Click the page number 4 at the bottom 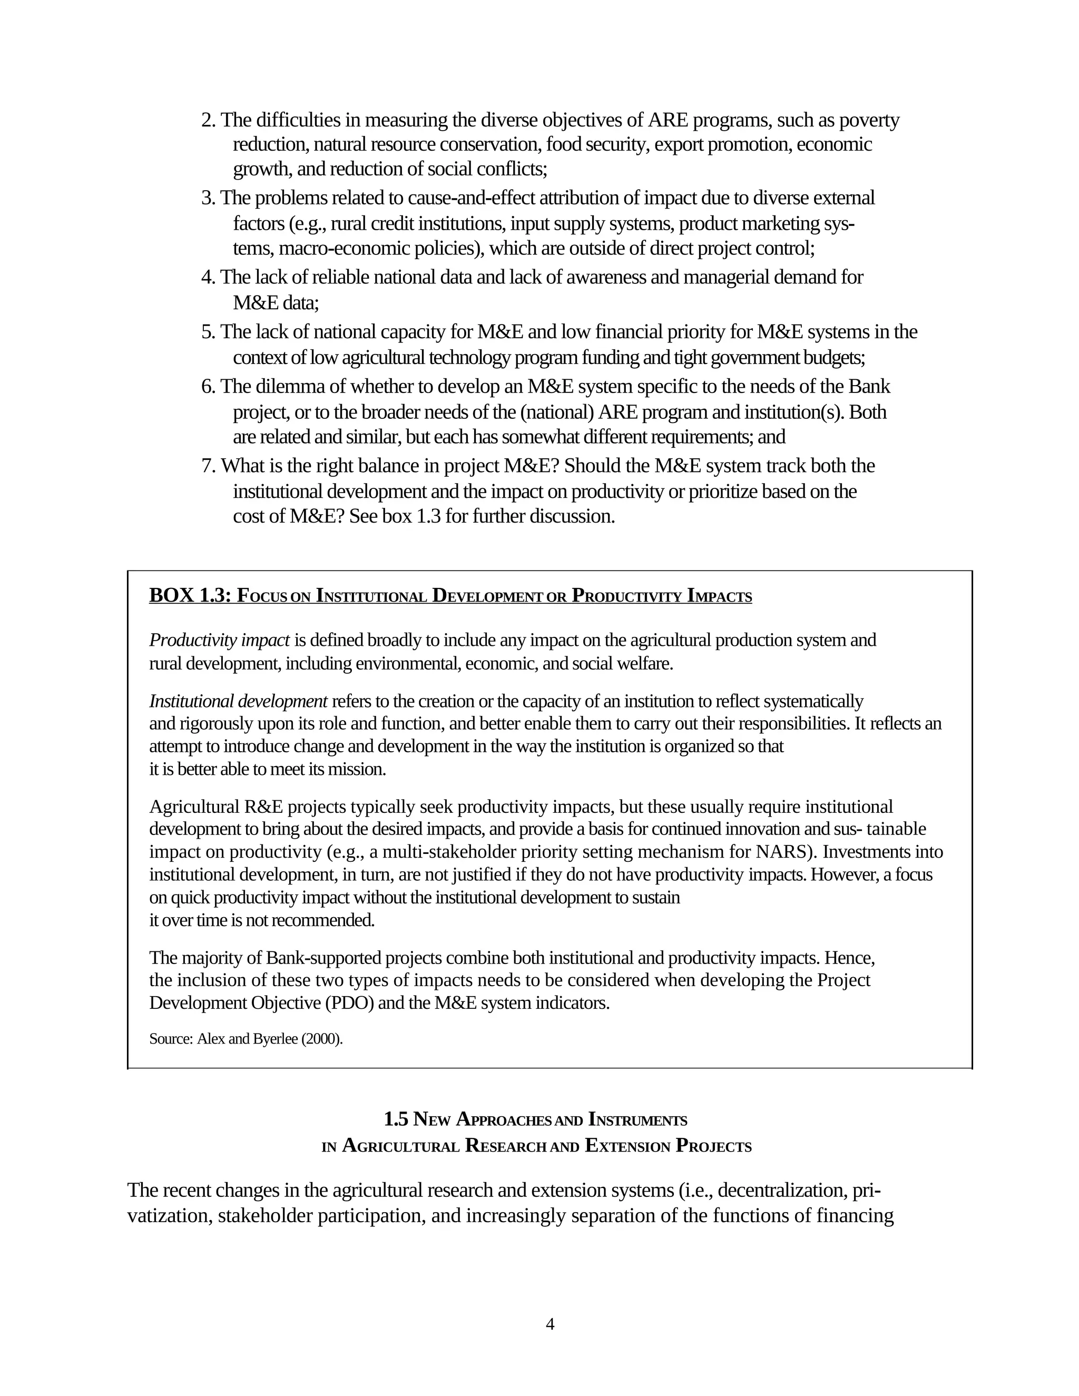pos(550,1324)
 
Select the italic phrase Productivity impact pos(219,640)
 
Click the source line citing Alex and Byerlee pos(246,1039)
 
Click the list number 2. pos(209,120)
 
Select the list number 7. pos(209,466)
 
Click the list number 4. pos(209,278)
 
